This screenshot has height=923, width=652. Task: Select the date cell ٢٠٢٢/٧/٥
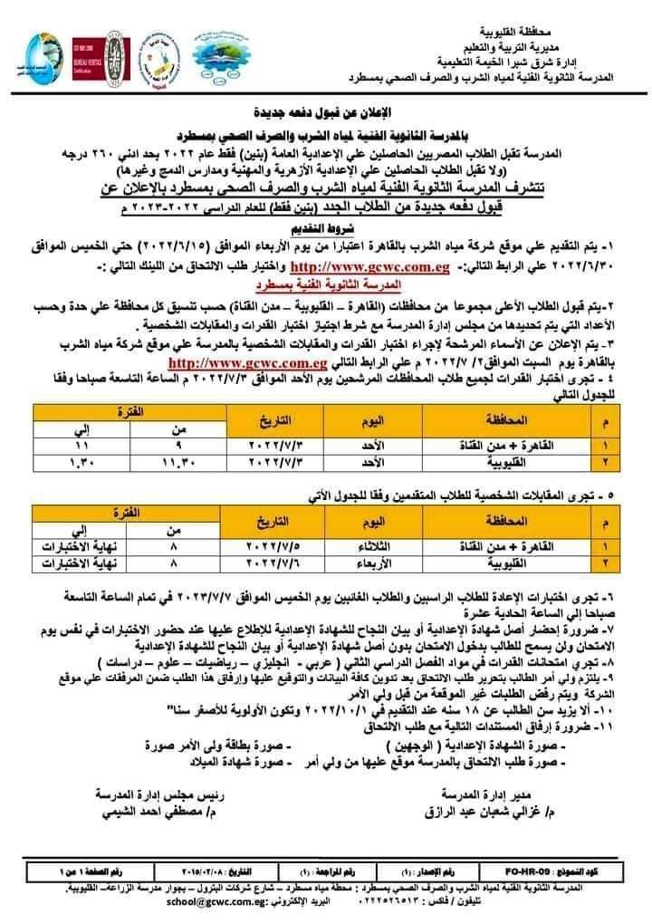point(276,547)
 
